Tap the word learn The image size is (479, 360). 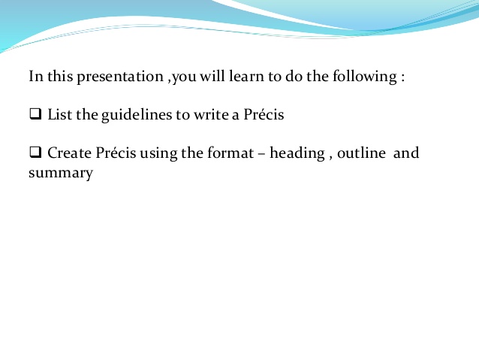[x=254, y=77]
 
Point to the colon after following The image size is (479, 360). [x=403, y=78]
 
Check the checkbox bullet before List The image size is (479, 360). [x=35, y=116]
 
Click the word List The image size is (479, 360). [x=59, y=116]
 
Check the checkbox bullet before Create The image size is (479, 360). [x=35, y=153]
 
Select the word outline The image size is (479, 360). [x=362, y=153]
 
